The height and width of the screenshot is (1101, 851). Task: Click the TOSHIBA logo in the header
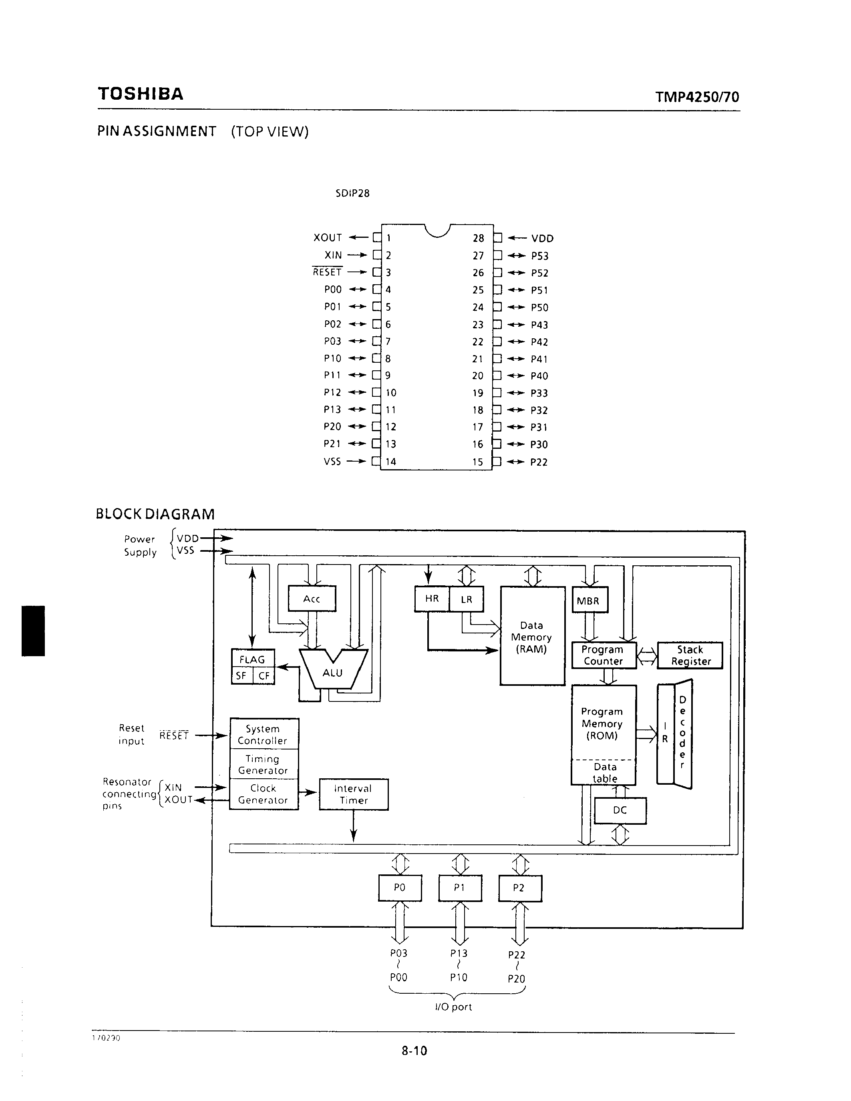pyautogui.click(x=141, y=94)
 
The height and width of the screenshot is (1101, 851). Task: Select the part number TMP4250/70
pyautogui.click(x=697, y=97)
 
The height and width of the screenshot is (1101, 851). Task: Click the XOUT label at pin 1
pyautogui.click(x=328, y=237)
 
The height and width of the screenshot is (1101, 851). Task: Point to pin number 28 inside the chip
pyautogui.click(x=478, y=238)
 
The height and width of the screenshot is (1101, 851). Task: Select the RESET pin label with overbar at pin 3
pyautogui.click(x=327, y=272)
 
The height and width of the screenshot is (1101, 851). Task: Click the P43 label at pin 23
pyautogui.click(x=539, y=325)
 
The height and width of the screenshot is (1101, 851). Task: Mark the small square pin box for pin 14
pyautogui.click(x=376, y=461)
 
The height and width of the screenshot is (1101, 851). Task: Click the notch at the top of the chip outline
pyautogui.click(x=437, y=230)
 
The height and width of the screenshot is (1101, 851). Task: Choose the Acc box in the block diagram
pyautogui.click(x=312, y=599)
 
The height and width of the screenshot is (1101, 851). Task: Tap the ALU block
pyautogui.click(x=333, y=673)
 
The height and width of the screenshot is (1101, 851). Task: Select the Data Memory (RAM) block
pyautogui.click(x=532, y=637)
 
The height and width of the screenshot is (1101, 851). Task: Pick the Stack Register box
pyautogui.click(x=690, y=655)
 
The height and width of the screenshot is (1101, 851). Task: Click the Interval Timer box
pyautogui.click(x=353, y=794)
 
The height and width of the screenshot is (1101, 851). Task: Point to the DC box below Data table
pyautogui.click(x=620, y=810)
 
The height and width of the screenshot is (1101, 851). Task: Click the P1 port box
pyautogui.click(x=460, y=888)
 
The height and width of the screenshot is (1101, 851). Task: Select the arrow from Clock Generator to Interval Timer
pyautogui.click(x=308, y=792)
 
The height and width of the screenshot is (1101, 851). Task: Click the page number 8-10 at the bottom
pyautogui.click(x=414, y=1051)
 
